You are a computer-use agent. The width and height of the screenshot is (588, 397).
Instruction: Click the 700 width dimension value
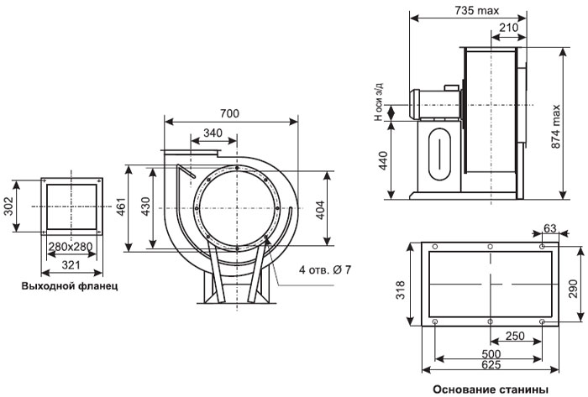(229, 113)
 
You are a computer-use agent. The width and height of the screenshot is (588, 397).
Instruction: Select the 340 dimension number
(213, 133)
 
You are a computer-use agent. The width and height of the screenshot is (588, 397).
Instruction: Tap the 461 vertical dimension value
(121, 207)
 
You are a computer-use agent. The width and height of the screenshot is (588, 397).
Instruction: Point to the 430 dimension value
(145, 206)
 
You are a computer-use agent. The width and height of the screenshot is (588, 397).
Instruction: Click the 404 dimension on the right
(320, 210)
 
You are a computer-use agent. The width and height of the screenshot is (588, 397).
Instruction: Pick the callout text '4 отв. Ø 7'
(325, 269)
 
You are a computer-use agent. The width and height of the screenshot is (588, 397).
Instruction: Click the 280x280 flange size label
(71, 247)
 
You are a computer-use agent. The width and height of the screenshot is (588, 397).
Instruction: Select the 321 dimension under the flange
(71, 265)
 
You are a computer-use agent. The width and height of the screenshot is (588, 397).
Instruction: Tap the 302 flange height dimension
(8, 206)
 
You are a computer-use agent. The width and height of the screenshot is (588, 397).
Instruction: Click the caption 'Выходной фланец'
(70, 286)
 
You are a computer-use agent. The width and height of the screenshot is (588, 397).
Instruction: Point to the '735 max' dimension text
(477, 10)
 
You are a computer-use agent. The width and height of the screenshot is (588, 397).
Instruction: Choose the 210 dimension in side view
(509, 28)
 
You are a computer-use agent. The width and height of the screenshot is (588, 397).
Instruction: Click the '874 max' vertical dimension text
(556, 127)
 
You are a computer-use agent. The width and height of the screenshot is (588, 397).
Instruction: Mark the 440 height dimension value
(383, 160)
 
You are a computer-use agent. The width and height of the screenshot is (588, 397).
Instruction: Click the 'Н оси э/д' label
(380, 102)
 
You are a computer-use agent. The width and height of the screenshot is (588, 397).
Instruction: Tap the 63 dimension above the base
(550, 228)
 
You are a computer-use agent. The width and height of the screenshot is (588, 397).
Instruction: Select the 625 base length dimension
(491, 364)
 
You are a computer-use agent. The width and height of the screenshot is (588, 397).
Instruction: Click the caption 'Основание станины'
(491, 389)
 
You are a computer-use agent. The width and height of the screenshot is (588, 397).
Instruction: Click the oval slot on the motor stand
(440, 154)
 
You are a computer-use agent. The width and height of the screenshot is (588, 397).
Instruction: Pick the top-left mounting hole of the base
(435, 247)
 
